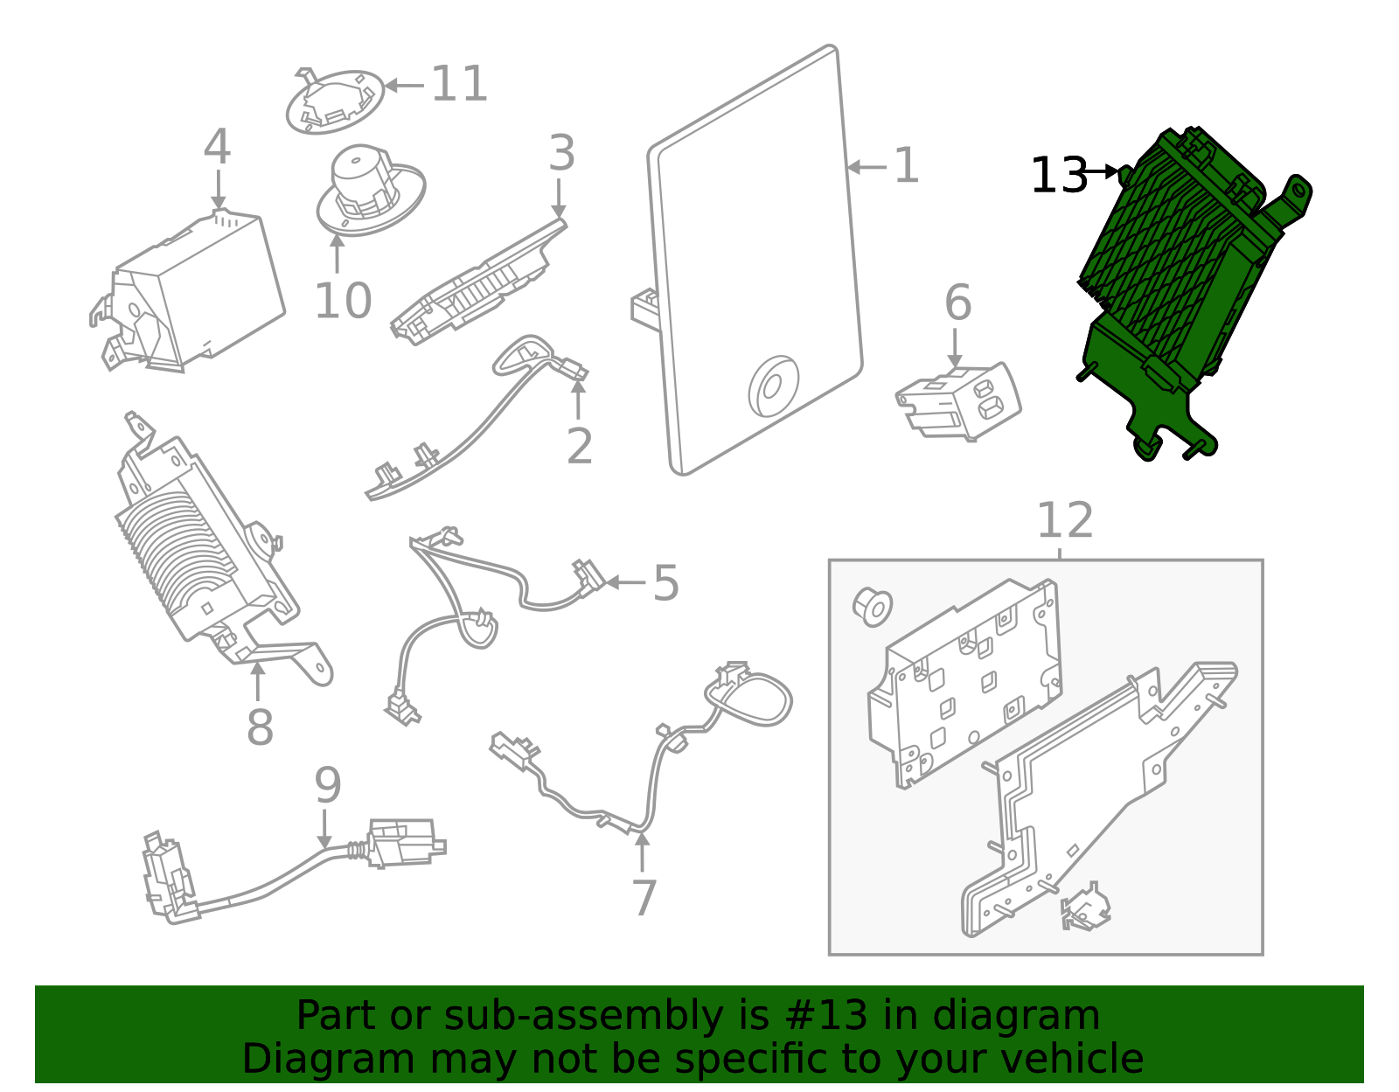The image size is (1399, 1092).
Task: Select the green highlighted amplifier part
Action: [x=1180, y=280]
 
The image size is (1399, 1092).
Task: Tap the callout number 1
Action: [x=906, y=165]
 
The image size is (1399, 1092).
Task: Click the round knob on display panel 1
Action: [x=773, y=386]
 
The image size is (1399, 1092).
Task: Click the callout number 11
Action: [x=459, y=84]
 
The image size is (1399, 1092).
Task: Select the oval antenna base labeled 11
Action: [x=335, y=102]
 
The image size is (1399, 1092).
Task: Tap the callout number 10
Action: [x=343, y=301]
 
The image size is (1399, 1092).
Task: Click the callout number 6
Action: [x=957, y=303]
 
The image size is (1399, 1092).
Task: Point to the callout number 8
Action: [x=260, y=726]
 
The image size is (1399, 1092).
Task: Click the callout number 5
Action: [x=665, y=583]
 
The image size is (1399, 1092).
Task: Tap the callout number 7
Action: [x=644, y=898]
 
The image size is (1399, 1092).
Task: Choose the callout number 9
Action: [x=327, y=785]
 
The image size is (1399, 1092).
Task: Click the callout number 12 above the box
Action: [x=1064, y=521]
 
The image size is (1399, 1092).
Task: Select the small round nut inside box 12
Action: [x=872, y=606]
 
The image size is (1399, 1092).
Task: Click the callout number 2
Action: [x=579, y=446]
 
